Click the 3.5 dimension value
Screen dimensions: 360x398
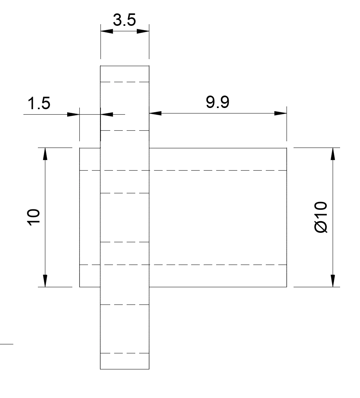point(124,20)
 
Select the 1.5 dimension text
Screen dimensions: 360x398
point(39,103)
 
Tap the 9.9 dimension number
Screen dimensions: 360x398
point(217,102)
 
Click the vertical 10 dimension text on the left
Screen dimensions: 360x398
point(34,217)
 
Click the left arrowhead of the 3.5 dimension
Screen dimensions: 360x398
point(107,31)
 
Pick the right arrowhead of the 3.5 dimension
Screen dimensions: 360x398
point(143,31)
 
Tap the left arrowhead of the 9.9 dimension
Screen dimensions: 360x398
point(155,113)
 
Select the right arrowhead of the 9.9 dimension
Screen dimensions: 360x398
point(280,113)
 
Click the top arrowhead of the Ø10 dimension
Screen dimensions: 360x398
point(333,154)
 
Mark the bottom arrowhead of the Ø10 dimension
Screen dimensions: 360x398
point(333,281)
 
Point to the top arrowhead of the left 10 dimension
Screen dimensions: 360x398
point(45,154)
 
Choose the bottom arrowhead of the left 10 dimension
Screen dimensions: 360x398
point(45,281)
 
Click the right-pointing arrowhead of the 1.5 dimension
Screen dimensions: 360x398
point(73,115)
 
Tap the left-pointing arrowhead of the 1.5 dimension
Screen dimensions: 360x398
point(107,115)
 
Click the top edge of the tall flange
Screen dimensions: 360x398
point(125,66)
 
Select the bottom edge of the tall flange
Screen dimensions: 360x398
point(125,369)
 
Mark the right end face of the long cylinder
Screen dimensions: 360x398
point(287,217)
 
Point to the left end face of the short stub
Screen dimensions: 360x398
point(80,217)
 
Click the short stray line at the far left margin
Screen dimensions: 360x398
point(7,344)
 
